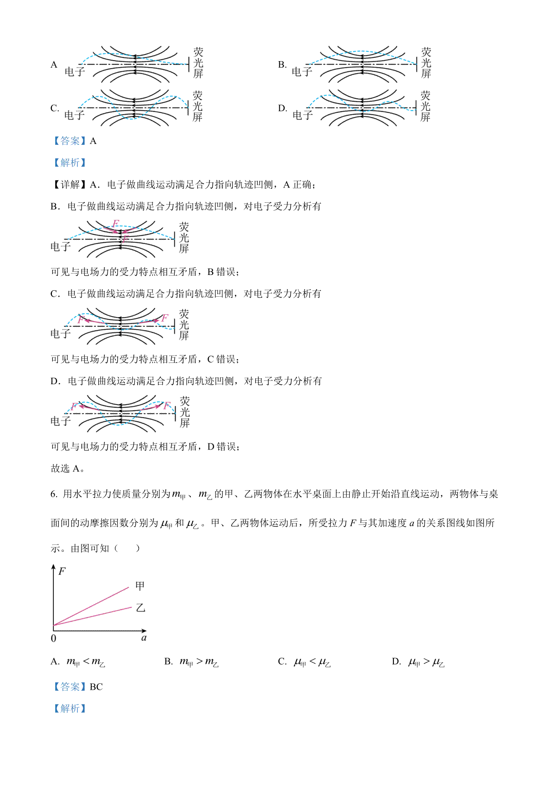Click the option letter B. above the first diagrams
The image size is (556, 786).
click(x=282, y=65)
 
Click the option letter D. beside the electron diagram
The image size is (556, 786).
click(x=282, y=108)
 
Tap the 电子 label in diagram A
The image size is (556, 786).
click(x=75, y=71)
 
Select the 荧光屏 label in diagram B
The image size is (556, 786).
click(x=426, y=63)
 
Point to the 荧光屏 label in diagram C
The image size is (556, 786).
click(x=198, y=106)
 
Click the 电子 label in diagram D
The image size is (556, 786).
click(x=302, y=115)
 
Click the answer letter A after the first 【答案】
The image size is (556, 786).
click(x=93, y=141)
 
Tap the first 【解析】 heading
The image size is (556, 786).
click(x=69, y=163)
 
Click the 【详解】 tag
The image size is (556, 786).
click(x=69, y=185)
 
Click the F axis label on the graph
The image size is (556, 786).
click(x=62, y=572)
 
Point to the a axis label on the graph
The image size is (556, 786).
click(x=144, y=638)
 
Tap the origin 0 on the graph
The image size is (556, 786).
click(x=53, y=639)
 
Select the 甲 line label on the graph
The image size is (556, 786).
click(x=140, y=586)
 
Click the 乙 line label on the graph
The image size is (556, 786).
click(x=140, y=608)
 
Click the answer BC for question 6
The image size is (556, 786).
click(x=96, y=687)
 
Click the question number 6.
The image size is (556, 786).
click(x=54, y=494)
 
